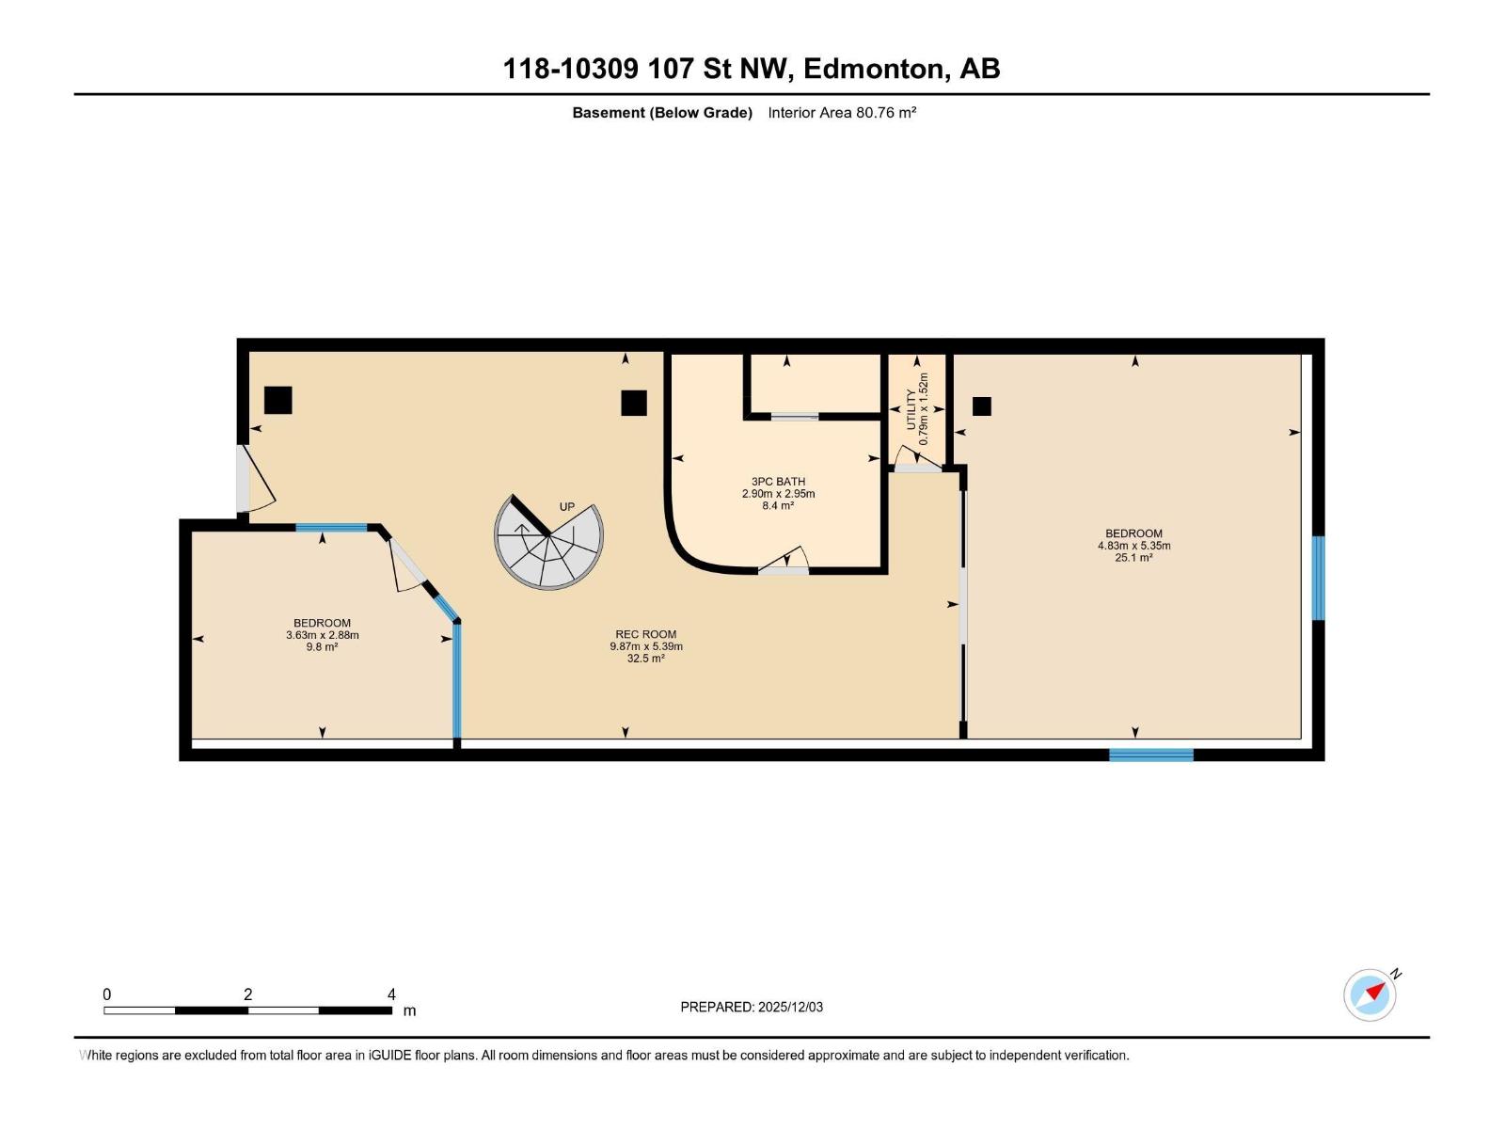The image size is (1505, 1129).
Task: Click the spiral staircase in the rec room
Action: click(548, 542)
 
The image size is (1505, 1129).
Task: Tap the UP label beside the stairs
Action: click(567, 507)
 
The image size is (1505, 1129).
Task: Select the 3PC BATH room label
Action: click(778, 482)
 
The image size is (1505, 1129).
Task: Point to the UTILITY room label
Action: click(911, 410)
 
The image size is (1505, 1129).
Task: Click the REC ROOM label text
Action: click(646, 635)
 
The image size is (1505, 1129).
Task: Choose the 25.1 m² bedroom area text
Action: click(1133, 558)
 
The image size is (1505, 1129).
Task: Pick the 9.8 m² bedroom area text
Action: click(322, 646)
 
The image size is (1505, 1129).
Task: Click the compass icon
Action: click(1370, 995)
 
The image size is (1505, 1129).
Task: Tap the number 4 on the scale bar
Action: click(391, 994)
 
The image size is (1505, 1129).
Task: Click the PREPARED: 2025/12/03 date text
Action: click(752, 1007)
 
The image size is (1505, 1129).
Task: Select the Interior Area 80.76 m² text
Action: click(842, 113)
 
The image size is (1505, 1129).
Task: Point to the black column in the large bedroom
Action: click(982, 406)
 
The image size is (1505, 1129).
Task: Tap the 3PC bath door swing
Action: click(784, 560)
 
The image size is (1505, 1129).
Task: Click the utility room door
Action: click(917, 459)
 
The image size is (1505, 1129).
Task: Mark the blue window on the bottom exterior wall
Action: click(1151, 755)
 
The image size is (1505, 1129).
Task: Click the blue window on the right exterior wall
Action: click(1318, 578)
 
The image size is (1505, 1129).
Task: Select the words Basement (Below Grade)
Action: click(662, 113)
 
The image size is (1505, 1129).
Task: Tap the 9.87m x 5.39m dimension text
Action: click(646, 646)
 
